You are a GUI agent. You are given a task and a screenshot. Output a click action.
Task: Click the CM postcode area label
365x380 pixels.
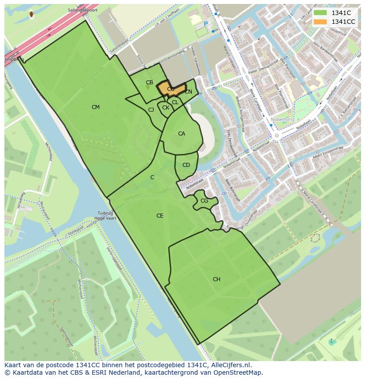point(96,107)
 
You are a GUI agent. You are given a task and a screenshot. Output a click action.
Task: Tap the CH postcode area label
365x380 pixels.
point(216,279)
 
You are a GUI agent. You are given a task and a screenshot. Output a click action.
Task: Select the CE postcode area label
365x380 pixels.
point(160,216)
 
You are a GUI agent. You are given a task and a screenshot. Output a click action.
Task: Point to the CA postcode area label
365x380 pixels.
point(182,134)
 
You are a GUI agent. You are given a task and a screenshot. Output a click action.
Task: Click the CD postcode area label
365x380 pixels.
point(186,165)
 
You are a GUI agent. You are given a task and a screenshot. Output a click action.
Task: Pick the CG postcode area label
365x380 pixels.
point(204,201)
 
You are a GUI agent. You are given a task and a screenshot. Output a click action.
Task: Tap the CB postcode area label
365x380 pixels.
point(149,83)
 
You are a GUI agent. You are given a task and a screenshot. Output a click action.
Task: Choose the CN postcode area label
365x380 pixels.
point(188,92)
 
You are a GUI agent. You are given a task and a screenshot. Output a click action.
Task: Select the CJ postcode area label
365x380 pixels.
point(151,110)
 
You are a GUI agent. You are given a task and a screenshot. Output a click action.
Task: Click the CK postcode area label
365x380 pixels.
point(166,108)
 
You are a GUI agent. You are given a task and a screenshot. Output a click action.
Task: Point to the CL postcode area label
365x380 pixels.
point(175,102)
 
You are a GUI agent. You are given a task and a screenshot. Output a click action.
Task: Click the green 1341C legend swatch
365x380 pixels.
point(320,13)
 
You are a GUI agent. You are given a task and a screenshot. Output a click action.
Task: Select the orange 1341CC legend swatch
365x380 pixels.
point(320,22)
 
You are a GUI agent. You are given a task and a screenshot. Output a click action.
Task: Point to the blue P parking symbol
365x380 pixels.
point(205,24)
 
